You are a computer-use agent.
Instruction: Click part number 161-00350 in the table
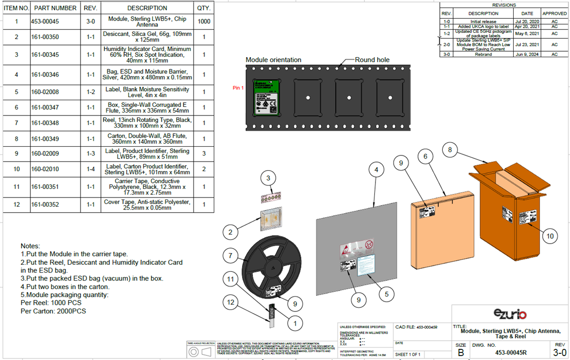click(x=45, y=37)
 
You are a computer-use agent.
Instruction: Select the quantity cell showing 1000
click(x=204, y=21)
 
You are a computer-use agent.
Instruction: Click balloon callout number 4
click(x=376, y=170)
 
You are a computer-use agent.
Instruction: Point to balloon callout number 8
click(x=450, y=149)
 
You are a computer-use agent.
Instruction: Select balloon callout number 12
click(x=231, y=302)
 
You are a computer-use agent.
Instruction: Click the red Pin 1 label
click(x=238, y=88)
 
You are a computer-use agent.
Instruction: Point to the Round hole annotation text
click(x=372, y=60)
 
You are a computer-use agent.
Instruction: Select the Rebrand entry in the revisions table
click(x=483, y=54)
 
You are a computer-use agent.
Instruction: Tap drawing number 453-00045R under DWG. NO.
click(x=510, y=353)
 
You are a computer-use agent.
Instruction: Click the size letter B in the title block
click(x=461, y=352)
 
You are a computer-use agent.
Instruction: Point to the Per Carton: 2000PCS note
click(x=53, y=311)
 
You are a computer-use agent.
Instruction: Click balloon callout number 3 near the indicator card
click(x=269, y=178)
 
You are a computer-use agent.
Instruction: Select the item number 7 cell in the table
click(x=16, y=123)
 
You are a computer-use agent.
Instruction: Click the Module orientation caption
click(x=273, y=60)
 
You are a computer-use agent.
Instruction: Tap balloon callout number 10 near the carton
click(x=549, y=235)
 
